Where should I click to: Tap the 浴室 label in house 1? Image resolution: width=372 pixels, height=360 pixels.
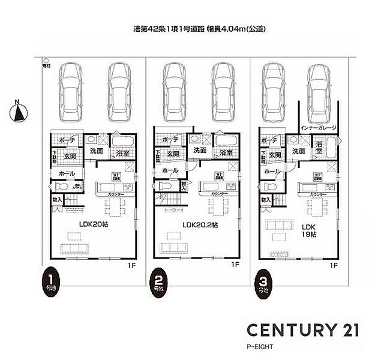[122, 153]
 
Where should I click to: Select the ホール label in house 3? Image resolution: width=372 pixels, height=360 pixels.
[272, 172]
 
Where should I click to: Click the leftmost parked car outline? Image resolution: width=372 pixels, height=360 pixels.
[70, 92]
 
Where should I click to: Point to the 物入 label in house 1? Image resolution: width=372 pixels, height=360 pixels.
[57, 200]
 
